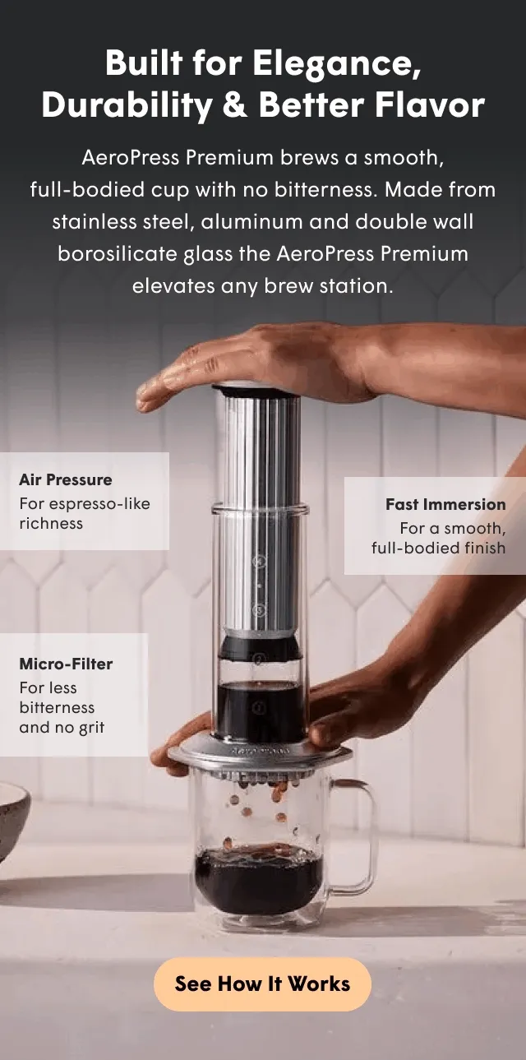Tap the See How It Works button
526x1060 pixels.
pyautogui.click(x=262, y=984)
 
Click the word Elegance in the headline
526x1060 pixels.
pyautogui.click(x=336, y=63)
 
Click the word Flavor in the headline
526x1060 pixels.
pyautogui.click(x=430, y=104)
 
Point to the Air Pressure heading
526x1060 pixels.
pyautogui.click(x=66, y=479)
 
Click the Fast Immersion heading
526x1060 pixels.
pyautogui.click(x=445, y=504)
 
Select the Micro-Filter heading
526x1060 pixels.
pyautogui.click(x=66, y=664)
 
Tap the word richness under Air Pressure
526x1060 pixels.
pyautogui.click(x=51, y=523)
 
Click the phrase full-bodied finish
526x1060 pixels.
pyautogui.click(x=439, y=548)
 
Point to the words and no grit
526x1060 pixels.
pyautogui.click(x=62, y=727)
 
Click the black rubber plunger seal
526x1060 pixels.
pyautogui.click(x=259, y=647)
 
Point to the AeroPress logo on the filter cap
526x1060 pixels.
pyautogui.click(x=261, y=751)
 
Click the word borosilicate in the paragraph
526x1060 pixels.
pyautogui.click(x=117, y=253)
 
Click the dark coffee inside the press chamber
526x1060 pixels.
pyautogui.click(x=259, y=710)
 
